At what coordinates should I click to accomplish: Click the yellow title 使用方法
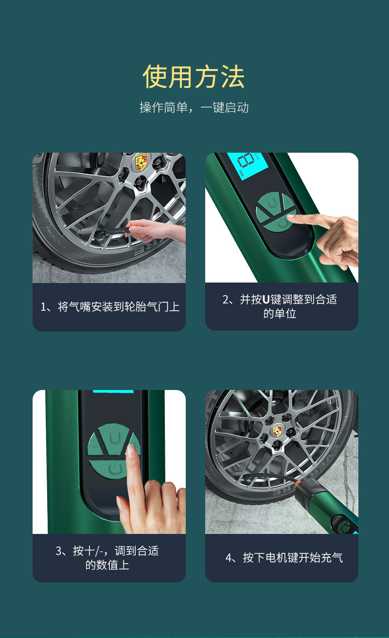point(194,77)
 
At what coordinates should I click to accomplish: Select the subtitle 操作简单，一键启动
point(194,107)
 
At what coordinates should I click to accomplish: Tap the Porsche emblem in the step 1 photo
point(141,162)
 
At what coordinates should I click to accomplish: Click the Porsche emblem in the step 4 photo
point(278,430)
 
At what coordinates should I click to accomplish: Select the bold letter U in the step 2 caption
point(266,300)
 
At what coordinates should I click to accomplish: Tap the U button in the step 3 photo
point(114,439)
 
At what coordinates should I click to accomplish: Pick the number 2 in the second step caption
point(226,300)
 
